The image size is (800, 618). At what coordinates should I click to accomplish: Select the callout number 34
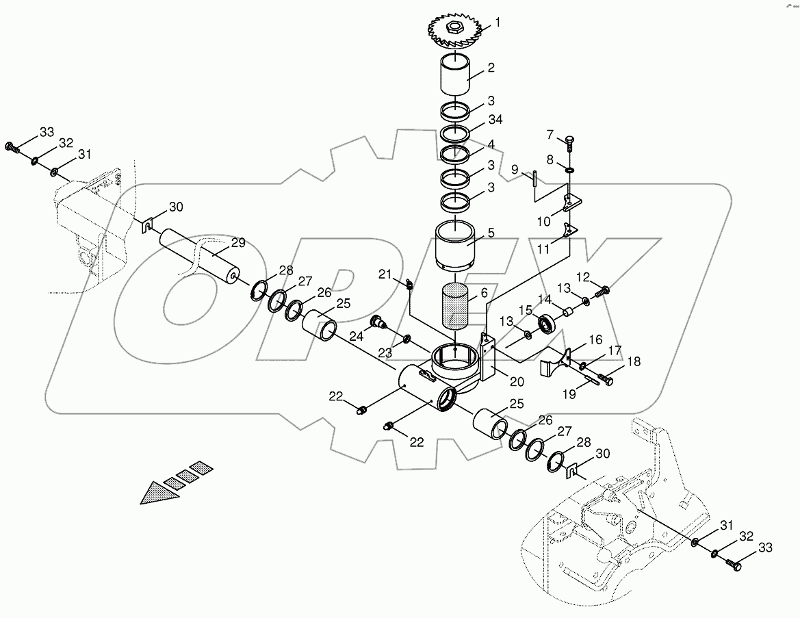495,120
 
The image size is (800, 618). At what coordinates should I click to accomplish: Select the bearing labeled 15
547,322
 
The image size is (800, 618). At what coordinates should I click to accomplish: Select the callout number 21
385,274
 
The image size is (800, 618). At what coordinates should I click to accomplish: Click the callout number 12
582,276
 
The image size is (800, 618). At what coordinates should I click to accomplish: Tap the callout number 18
634,361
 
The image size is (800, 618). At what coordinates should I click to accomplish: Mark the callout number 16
595,340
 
